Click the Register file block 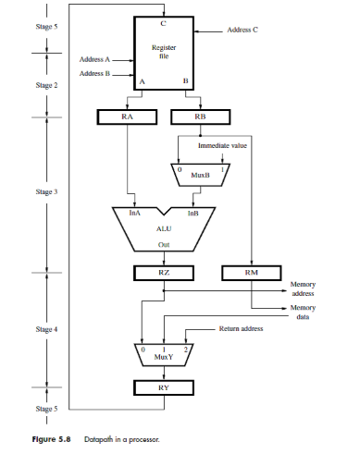pyautogui.click(x=164, y=54)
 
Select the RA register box pyautogui.click(x=127, y=117)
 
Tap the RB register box pyautogui.click(x=201, y=117)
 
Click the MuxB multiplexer pyautogui.click(x=201, y=175)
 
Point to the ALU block pyautogui.click(x=164, y=229)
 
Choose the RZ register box pyautogui.click(x=164, y=273)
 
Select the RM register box pyautogui.click(x=252, y=273)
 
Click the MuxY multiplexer pyautogui.click(x=164, y=355)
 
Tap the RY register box pyautogui.click(x=164, y=387)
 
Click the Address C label pyautogui.click(x=242, y=30)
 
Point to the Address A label pyautogui.click(x=94, y=59)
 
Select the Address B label pyautogui.click(x=94, y=73)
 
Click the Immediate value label pyautogui.click(x=222, y=145)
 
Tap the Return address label pyautogui.click(x=242, y=328)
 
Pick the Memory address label pyautogui.click(x=303, y=288)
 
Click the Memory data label pyautogui.click(x=303, y=313)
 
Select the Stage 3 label pyautogui.click(x=46, y=191)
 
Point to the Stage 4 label pyautogui.click(x=46, y=329)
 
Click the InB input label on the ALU pyautogui.click(x=193, y=213)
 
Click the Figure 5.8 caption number pyautogui.click(x=51, y=439)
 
